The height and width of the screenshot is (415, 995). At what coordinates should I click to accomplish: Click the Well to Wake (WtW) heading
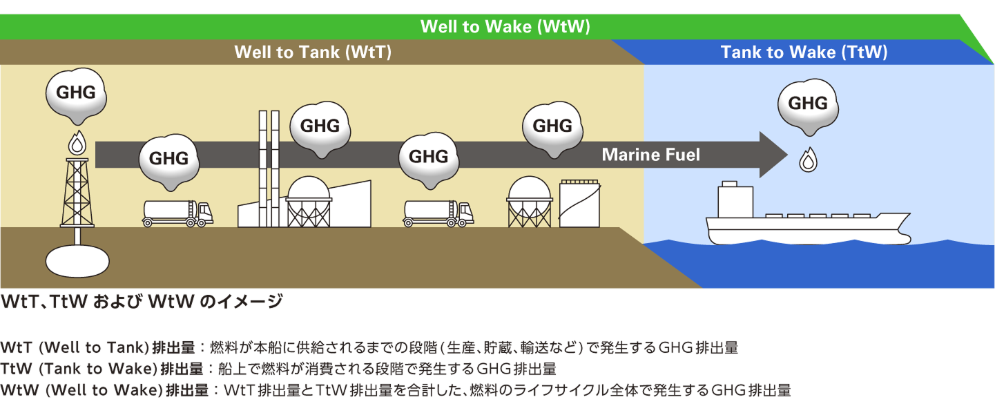point(505,27)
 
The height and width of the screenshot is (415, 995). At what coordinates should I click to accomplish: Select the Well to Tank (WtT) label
point(313,52)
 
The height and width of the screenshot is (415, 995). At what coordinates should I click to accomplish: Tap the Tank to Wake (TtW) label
point(804,52)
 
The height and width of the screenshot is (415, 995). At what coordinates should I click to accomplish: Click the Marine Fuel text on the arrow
point(650,155)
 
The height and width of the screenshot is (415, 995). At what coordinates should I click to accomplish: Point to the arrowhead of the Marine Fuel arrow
point(773,155)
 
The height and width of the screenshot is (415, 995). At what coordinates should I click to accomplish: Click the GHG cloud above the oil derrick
point(76,93)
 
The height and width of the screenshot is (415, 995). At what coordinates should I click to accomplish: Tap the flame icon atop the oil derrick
point(76,144)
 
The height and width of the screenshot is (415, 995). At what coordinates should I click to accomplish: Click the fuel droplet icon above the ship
point(807,161)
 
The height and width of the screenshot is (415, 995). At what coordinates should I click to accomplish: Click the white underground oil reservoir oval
point(77,260)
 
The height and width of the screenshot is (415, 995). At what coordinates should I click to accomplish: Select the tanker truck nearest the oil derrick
point(177,213)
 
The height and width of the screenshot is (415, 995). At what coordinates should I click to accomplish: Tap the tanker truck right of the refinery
point(438,213)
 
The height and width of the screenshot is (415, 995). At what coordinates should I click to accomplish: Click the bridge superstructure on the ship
point(735,200)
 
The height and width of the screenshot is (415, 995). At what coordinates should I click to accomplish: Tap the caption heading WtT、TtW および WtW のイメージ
point(142,302)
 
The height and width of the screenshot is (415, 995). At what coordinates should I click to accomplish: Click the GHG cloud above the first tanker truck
point(168,159)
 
